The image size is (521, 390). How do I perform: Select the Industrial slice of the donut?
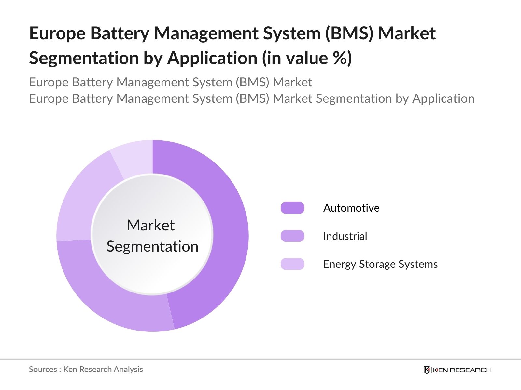[107, 299]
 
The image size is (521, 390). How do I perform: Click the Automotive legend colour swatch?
[292, 208]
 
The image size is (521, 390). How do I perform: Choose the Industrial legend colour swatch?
[292, 236]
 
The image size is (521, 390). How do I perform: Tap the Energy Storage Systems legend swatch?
[292, 264]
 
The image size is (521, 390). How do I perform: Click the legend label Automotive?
[351, 208]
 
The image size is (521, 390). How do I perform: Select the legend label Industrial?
[345, 236]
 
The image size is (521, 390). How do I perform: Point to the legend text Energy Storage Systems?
[380, 264]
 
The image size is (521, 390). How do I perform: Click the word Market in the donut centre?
[150, 225]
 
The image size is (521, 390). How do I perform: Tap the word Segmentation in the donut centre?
[152, 246]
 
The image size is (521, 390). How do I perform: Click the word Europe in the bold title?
[57, 33]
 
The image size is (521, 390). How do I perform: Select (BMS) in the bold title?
[349, 33]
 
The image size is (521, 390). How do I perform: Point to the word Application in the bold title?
[212, 58]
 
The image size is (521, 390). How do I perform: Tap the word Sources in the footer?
[43, 369]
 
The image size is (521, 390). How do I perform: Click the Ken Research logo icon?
[427, 370]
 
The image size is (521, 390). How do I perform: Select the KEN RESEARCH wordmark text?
[462, 370]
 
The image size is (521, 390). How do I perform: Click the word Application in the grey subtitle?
[443, 98]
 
